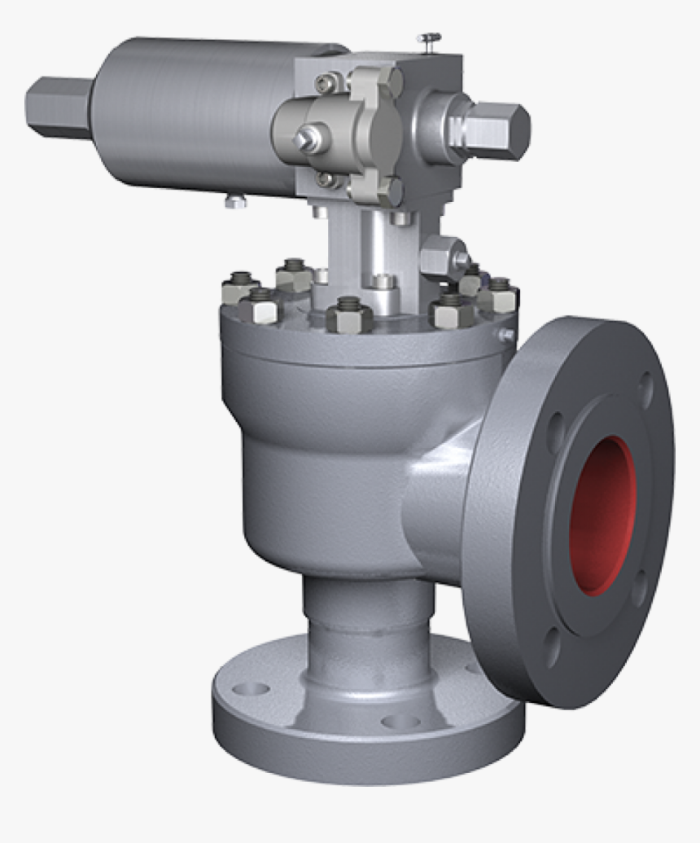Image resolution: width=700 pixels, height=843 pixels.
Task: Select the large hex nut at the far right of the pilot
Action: pyautogui.click(x=497, y=130)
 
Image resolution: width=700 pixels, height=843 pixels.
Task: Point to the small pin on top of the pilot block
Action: pyautogui.click(x=428, y=38)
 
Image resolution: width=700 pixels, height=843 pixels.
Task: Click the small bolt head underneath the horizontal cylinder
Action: pyautogui.click(x=235, y=200)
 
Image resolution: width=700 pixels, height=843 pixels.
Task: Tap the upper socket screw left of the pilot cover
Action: pyautogui.click(x=328, y=82)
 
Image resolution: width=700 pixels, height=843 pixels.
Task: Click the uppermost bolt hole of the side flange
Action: pyautogui.click(x=645, y=390)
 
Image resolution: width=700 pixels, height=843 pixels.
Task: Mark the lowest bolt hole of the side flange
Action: pyautogui.click(x=553, y=648)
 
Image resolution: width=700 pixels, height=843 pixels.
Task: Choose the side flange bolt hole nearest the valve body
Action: pyautogui.click(x=555, y=431)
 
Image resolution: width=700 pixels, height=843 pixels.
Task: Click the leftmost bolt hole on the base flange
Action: pyautogui.click(x=251, y=688)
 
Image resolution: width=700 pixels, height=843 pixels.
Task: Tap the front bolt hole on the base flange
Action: pyautogui.click(x=400, y=721)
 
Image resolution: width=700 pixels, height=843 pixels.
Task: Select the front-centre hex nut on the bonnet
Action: pyautogui.click(x=349, y=314)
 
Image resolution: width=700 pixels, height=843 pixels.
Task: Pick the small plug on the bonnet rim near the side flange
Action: pyautogui.click(x=506, y=334)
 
